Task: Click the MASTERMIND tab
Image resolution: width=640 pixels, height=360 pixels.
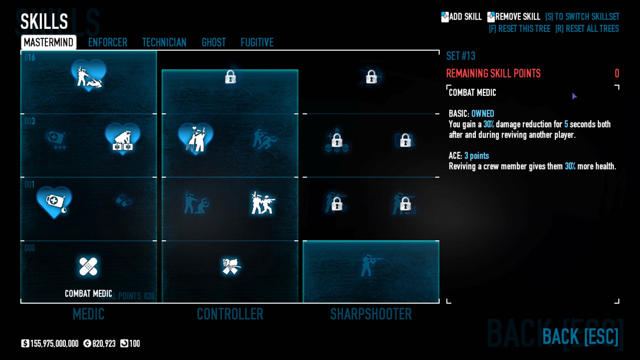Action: [x=49, y=42]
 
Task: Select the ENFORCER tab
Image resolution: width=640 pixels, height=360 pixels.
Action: [x=108, y=42]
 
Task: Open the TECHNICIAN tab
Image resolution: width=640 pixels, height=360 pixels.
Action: [x=164, y=42]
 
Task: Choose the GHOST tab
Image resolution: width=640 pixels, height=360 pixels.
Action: [x=214, y=42]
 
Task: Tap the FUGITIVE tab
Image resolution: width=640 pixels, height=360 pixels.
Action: [x=257, y=42]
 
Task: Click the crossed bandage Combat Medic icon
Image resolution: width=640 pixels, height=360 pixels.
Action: [x=88, y=266]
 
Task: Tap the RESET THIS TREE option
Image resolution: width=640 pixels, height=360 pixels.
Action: [x=519, y=29]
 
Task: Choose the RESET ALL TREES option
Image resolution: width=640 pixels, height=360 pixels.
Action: [x=587, y=29]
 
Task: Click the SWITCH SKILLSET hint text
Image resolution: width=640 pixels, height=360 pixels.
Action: [x=582, y=17]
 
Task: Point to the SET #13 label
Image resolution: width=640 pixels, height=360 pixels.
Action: [x=461, y=56]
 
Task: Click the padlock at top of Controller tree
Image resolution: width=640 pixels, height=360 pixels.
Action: [x=230, y=77]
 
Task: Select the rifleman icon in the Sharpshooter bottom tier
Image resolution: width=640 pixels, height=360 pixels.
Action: [x=371, y=266]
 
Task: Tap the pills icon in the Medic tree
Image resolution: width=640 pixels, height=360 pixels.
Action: [x=124, y=200]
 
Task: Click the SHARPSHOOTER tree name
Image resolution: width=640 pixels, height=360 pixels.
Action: [x=371, y=314]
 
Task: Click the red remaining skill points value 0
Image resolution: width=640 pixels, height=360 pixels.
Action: [x=617, y=73]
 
